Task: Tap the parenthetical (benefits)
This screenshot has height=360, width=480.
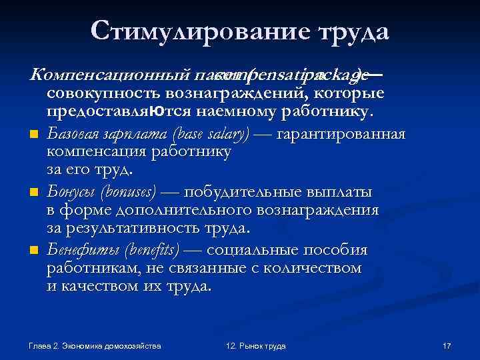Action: pos(151,251)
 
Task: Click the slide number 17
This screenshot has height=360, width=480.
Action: pos(447,346)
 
